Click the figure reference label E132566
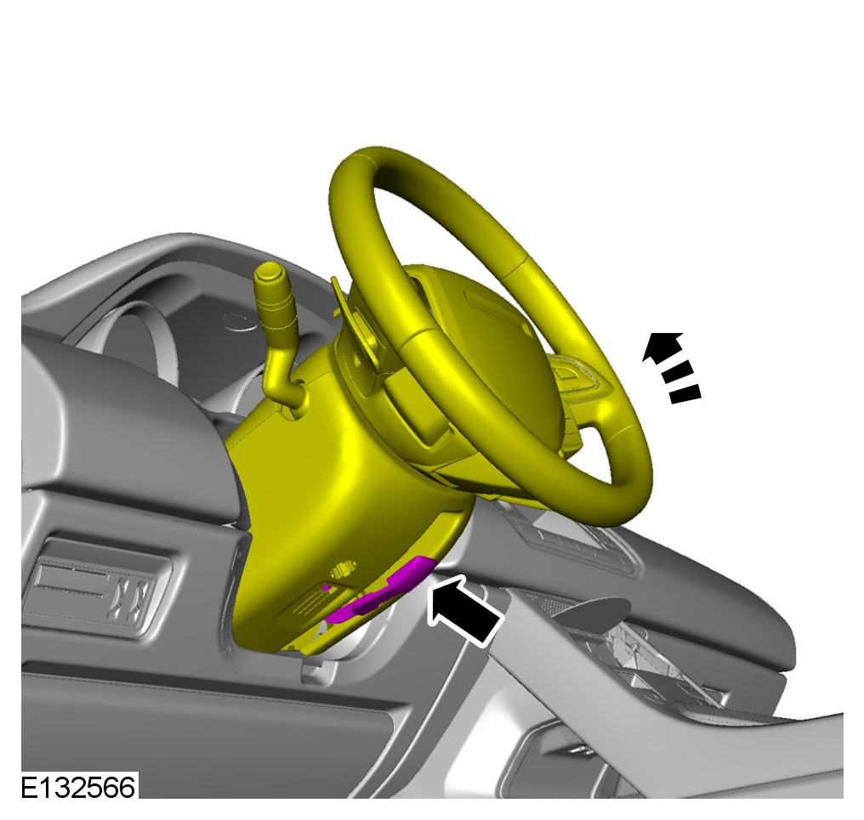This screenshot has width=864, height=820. [x=77, y=787]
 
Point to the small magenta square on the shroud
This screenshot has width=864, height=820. [x=327, y=588]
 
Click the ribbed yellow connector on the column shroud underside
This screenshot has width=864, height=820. [x=344, y=568]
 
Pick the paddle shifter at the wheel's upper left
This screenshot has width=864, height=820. [x=353, y=320]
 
